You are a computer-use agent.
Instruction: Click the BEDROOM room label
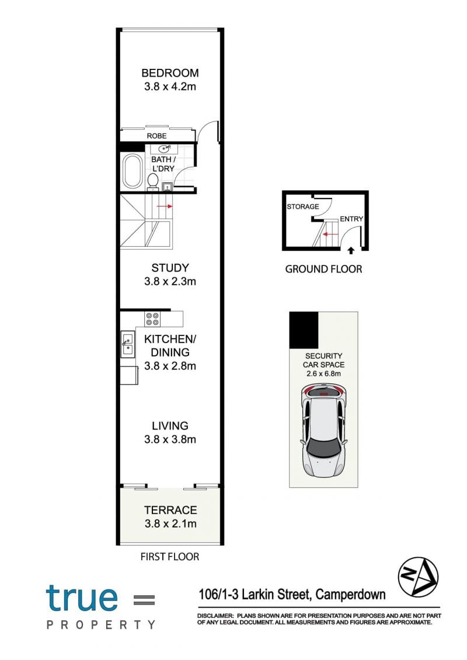(x=170, y=73)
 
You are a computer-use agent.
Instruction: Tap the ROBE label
(x=156, y=136)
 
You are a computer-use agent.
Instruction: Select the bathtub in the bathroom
(x=133, y=172)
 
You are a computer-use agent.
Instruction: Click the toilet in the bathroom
(x=153, y=181)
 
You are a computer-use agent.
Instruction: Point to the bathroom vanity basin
(x=164, y=149)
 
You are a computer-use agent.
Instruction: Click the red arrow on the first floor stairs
(x=165, y=206)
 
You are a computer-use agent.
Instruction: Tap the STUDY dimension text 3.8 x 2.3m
(x=170, y=281)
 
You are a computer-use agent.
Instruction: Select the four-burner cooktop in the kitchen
(x=152, y=319)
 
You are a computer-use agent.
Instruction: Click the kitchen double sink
(x=128, y=344)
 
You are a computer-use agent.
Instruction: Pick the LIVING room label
(x=170, y=426)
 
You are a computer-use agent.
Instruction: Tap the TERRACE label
(x=170, y=510)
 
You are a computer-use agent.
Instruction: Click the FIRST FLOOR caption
(x=170, y=557)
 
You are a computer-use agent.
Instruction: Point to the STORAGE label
(x=303, y=207)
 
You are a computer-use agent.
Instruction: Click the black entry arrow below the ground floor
(x=351, y=251)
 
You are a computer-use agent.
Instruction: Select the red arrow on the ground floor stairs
(x=332, y=234)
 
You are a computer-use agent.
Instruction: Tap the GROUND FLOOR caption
(x=323, y=269)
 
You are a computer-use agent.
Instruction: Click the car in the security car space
(x=323, y=429)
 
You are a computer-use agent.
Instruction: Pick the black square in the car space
(x=304, y=330)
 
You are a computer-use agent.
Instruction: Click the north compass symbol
(x=418, y=577)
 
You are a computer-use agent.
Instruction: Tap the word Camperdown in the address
(x=350, y=594)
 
